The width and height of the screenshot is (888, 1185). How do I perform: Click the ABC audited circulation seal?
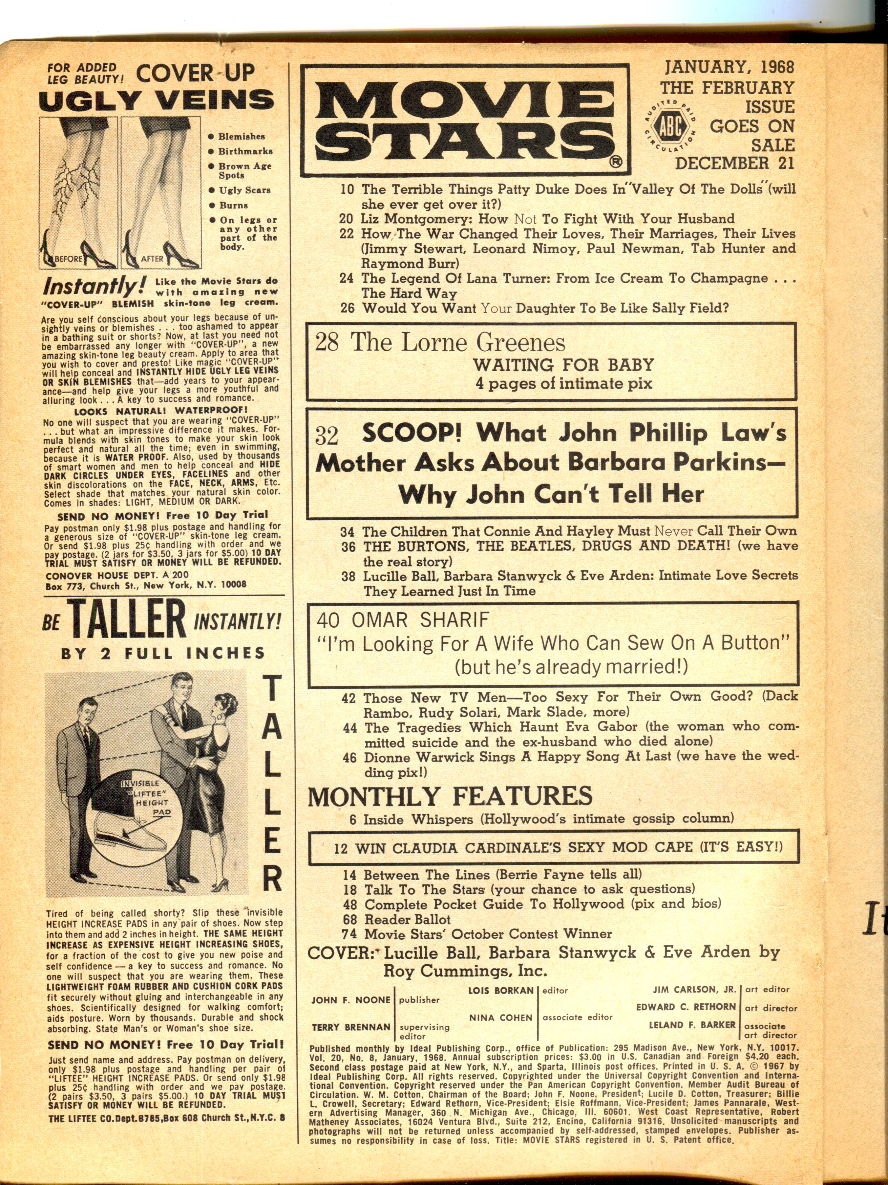coord(671,127)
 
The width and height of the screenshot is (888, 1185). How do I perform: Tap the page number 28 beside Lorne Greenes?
coord(327,343)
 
